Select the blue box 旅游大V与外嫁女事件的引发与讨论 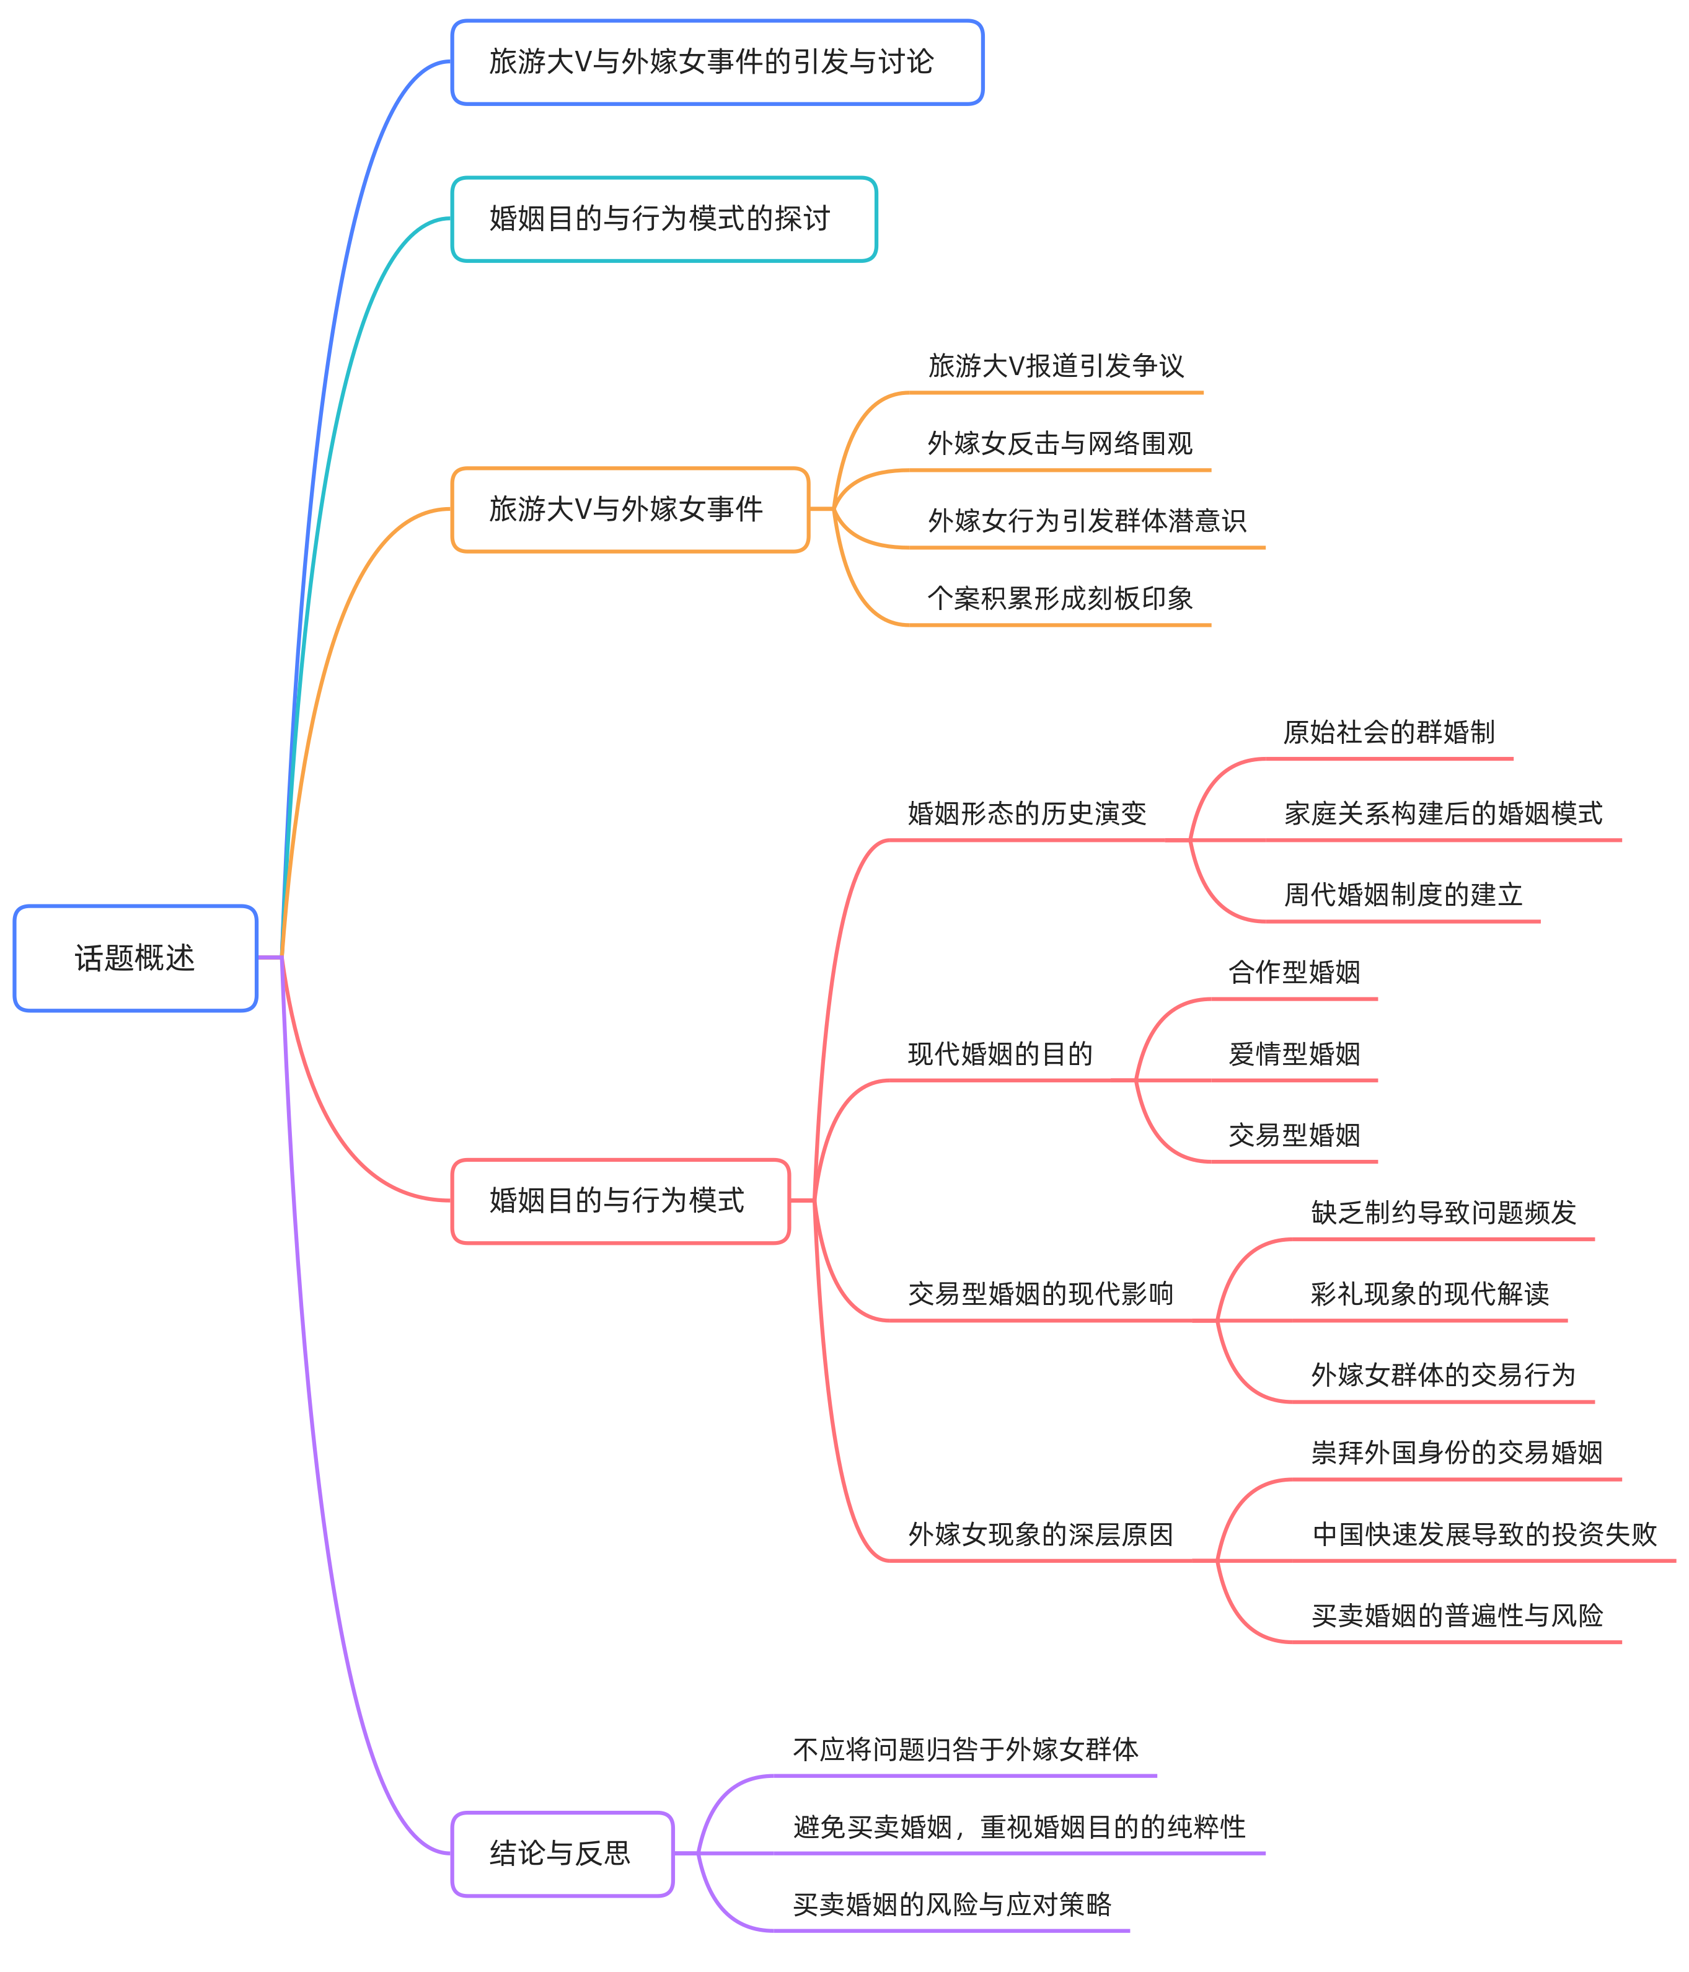[x=717, y=62]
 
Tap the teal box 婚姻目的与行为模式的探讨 [x=663, y=219]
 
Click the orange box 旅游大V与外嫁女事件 [x=630, y=509]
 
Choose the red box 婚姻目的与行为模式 [x=620, y=1200]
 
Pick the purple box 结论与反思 [x=562, y=1853]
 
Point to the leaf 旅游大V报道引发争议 [x=1056, y=366]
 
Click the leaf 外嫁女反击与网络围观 [x=1059, y=443]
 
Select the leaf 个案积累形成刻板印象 [x=1059, y=599]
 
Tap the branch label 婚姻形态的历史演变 [x=1026, y=814]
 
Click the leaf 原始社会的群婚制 [x=1388, y=732]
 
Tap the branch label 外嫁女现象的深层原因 [x=1040, y=1534]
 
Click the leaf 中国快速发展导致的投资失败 [x=1483, y=1534]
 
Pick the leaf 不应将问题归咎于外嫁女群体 [x=965, y=1749]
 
